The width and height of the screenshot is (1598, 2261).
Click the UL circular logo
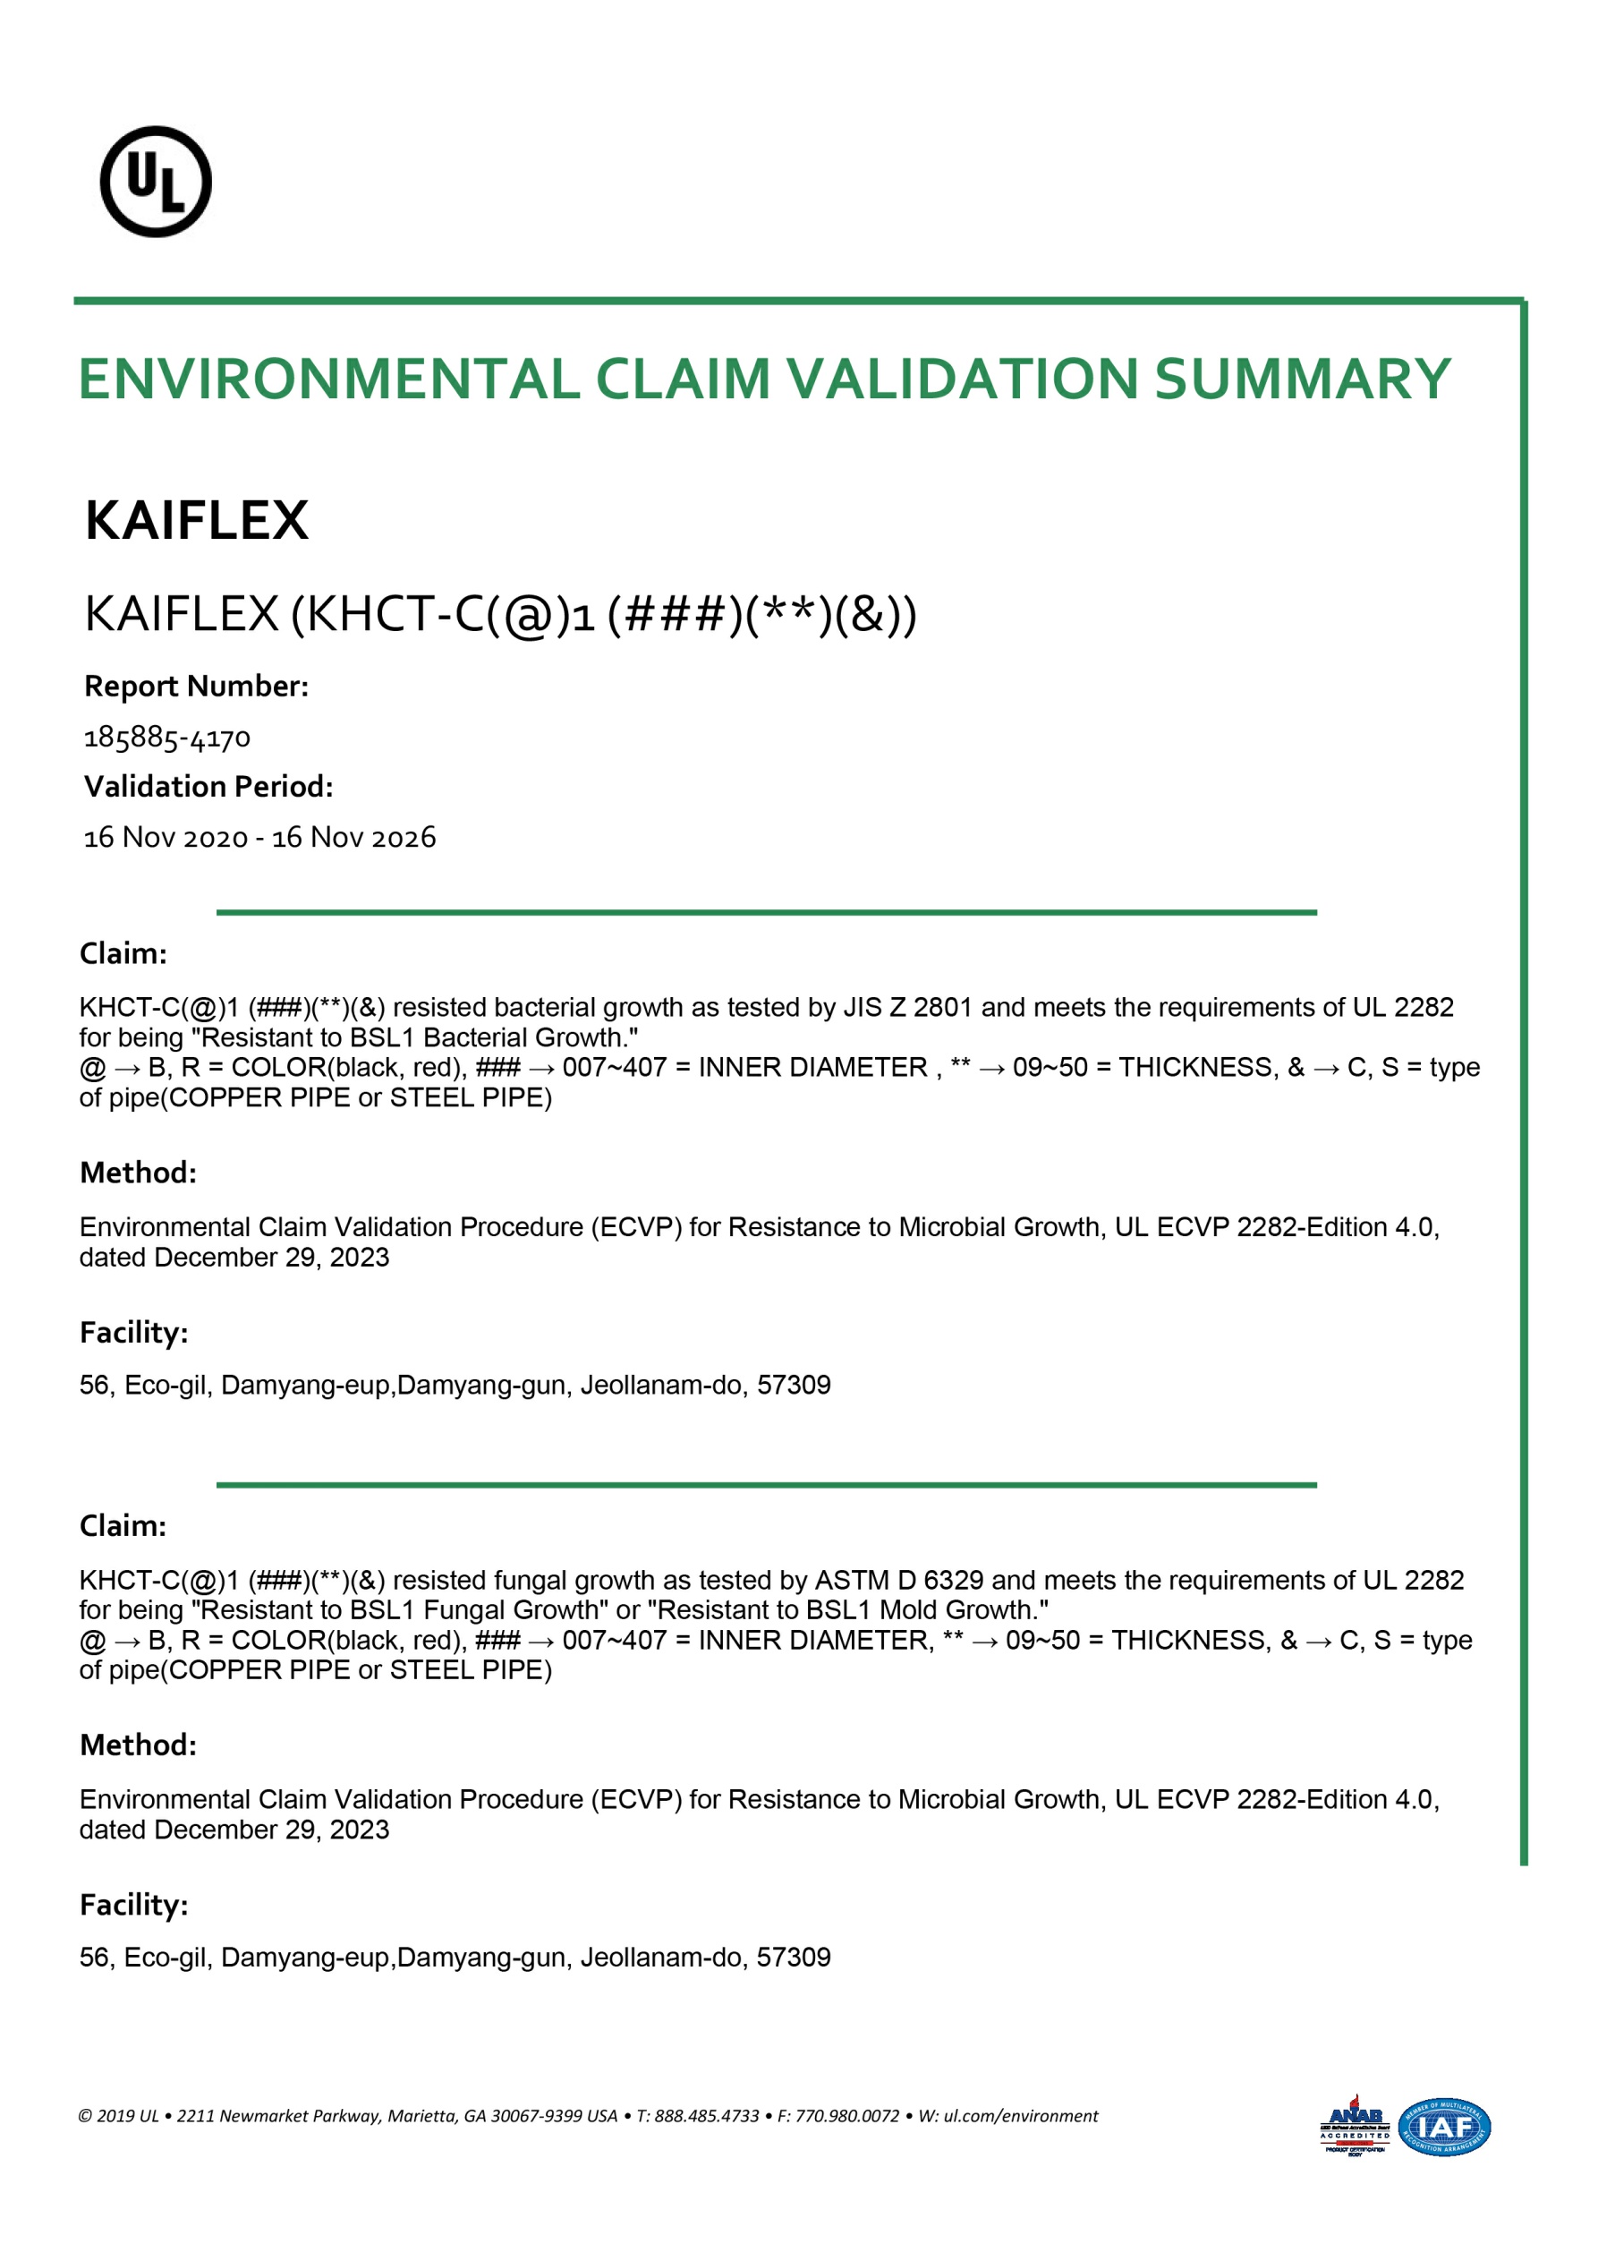[156, 181]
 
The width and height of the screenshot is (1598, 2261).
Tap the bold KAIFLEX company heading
[197, 520]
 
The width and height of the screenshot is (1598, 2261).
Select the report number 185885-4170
[167, 738]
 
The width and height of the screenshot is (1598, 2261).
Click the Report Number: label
[196, 687]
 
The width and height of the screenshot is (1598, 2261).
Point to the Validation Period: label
[208, 787]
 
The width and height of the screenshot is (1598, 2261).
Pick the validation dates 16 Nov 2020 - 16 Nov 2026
[260, 838]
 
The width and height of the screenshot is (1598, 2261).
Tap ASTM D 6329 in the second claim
[899, 1580]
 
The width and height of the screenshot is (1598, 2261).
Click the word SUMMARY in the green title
[1303, 380]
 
